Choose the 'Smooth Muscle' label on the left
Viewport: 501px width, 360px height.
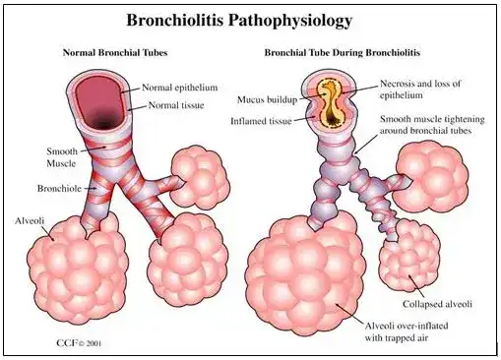pyautogui.click(x=63, y=158)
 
